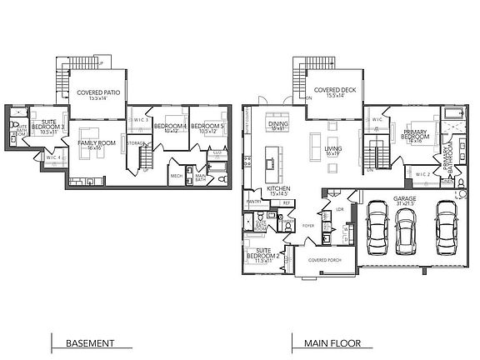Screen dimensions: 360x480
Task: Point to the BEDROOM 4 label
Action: [x=172, y=127]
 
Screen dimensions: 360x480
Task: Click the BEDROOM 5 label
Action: [x=207, y=127]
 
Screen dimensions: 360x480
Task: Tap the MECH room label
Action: [x=177, y=176]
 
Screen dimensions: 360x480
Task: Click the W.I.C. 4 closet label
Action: [x=52, y=157]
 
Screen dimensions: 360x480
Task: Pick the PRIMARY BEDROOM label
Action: [x=416, y=136]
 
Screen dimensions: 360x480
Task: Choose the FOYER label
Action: [x=307, y=225]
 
